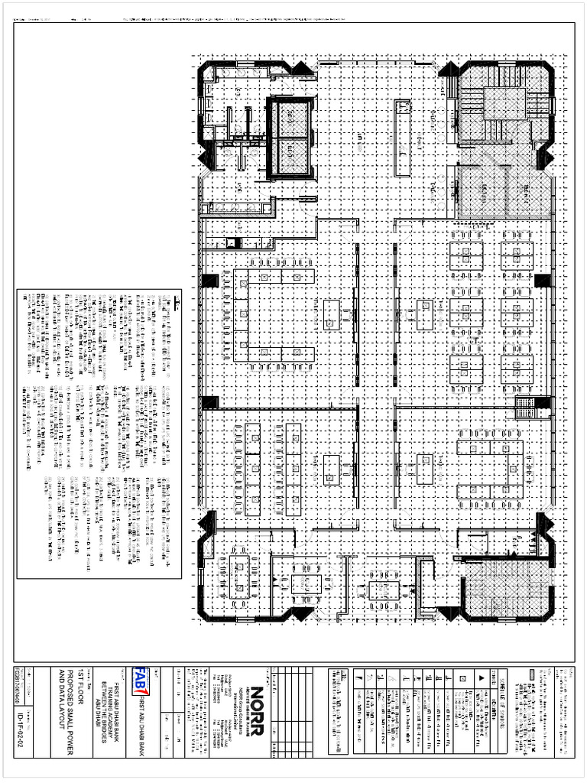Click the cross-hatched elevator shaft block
(290, 136)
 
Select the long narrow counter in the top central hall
(399, 138)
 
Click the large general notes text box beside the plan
(99, 433)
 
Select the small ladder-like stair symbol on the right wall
(524, 408)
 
